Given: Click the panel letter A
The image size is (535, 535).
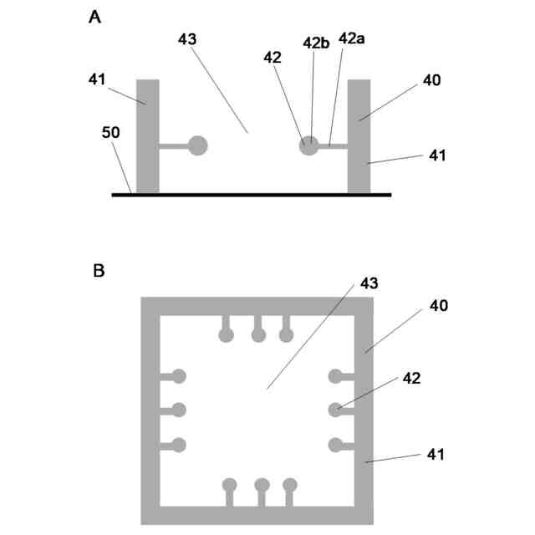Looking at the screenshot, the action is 96,17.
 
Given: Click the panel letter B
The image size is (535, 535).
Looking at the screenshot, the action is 98,272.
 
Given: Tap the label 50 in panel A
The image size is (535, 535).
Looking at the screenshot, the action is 110,133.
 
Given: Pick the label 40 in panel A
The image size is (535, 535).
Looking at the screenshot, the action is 432,81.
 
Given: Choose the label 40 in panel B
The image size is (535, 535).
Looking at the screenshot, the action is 439,306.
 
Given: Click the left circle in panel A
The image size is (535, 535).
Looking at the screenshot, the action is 197,145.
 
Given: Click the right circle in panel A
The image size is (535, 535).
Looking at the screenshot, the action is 309,145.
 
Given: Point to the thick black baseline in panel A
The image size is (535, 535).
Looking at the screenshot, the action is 251,194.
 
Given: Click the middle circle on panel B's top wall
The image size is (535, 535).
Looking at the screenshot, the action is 258,335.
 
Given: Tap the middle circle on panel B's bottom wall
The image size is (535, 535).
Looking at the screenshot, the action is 262,484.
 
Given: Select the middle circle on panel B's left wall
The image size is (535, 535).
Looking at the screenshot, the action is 178,410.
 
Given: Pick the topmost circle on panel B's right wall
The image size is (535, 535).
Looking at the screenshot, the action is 336,376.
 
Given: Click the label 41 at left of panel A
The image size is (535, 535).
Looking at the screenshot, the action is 99,79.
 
